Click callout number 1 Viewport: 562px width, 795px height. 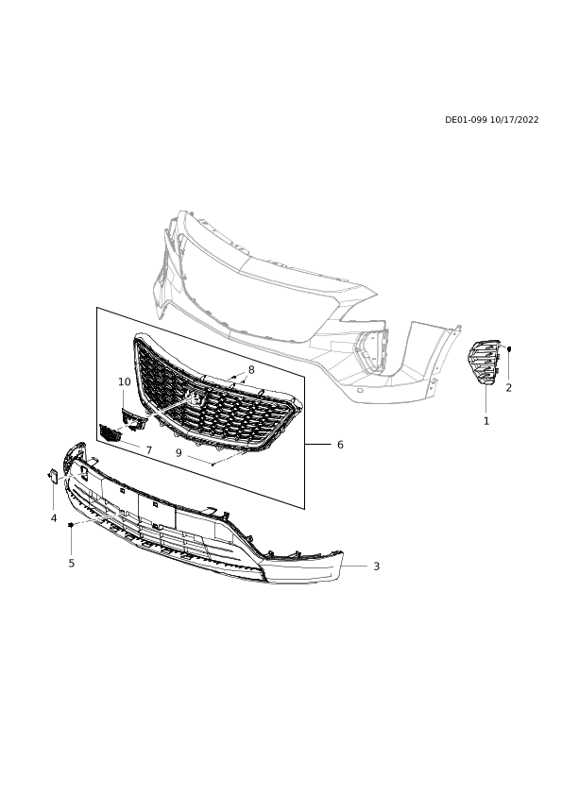[486, 421]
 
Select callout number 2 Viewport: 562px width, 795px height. [509, 388]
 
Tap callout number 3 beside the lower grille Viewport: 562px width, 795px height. [376, 567]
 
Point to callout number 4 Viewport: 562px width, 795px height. [54, 518]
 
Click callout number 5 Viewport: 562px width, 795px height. [72, 563]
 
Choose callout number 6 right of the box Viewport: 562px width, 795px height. [340, 445]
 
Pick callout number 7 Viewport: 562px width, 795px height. [148, 450]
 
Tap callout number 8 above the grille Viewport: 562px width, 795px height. [251, 370]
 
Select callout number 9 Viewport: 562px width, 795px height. [179, 453]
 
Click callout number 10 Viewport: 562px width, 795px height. [125, 381]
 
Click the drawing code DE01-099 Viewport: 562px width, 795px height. [467, 120]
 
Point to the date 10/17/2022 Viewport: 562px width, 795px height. [515, 120]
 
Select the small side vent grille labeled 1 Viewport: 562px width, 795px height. [484, 362]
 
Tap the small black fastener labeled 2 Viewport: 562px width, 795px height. [509, 348]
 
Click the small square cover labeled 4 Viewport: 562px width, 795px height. [53, 476]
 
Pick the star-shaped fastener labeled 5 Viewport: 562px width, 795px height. [72, 525]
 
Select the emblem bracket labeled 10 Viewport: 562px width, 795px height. [133, 417]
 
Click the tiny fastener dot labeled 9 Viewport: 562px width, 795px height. [213, 464]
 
